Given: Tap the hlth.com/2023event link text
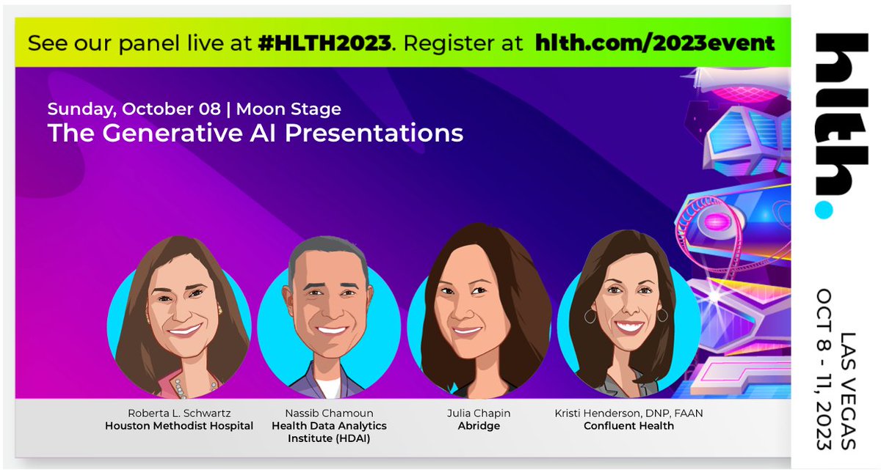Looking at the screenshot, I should [x=656, y=43].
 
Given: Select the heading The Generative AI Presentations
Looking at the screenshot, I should [x=255, y=133].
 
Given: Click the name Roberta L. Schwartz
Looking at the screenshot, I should [x=178, y=414].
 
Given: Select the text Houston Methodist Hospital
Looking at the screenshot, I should [x=178, y=426].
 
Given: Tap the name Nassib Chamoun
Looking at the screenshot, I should [x=329, y=414].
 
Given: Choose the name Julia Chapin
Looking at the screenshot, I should [x=479, y=414].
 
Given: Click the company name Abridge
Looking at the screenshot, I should [x=479, y=426].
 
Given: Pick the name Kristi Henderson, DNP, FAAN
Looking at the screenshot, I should [x=628, y=414].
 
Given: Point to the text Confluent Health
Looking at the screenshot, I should [x=628, y=426].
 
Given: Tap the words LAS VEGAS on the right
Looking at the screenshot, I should [x=849, y=391].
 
